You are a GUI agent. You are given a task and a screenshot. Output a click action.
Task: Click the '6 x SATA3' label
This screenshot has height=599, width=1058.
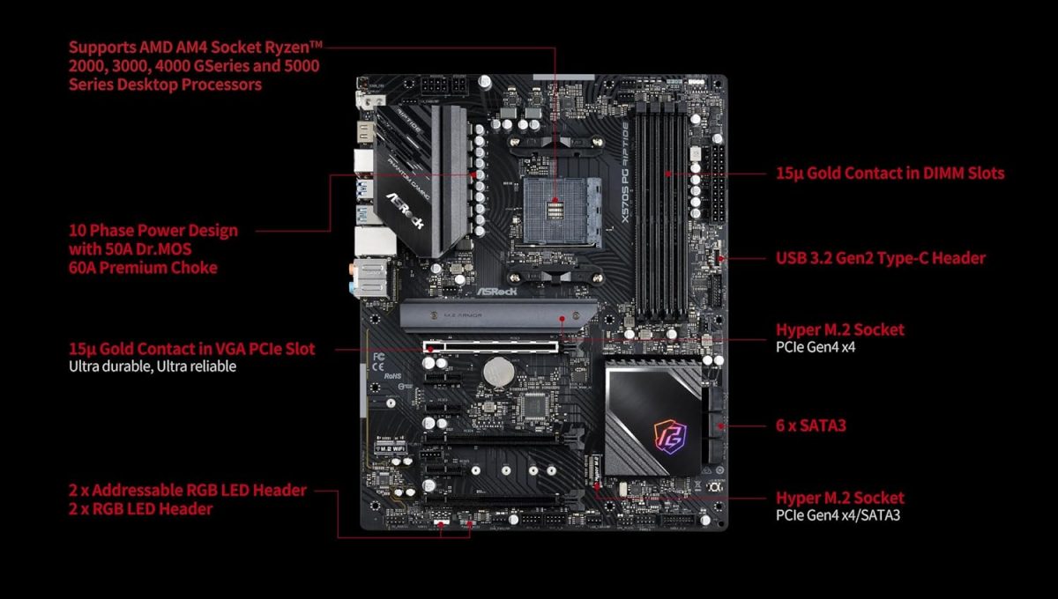810,425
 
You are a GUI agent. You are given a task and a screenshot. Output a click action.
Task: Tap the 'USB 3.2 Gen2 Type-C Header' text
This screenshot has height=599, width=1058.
881,258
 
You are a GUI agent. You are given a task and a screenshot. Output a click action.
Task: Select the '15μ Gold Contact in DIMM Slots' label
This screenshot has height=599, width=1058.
890,174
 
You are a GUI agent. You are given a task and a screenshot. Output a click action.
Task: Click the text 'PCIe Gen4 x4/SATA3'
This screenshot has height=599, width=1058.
838,515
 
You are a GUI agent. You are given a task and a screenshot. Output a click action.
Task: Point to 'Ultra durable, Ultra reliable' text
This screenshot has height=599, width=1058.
152,366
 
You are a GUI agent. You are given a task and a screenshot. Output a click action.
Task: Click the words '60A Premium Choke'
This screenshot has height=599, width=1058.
143,268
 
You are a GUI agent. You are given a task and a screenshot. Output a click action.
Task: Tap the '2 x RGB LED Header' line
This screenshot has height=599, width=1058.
140,509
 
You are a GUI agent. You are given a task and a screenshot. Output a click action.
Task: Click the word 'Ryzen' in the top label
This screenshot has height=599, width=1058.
294,48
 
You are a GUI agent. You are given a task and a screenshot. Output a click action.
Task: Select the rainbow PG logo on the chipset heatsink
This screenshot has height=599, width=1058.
670,437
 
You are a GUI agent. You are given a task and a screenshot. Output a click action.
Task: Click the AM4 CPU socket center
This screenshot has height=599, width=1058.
555,211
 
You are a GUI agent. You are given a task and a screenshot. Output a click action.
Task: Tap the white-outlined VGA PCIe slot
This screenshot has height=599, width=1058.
491,347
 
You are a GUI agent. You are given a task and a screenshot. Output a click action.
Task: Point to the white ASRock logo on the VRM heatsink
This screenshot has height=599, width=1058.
405,211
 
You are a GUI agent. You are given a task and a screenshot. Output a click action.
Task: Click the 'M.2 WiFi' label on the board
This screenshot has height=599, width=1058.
391,448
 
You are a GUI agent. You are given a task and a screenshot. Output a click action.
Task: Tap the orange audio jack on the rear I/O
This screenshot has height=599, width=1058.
353,269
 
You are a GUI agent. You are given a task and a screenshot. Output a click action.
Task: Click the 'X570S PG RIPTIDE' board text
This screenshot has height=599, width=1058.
625,173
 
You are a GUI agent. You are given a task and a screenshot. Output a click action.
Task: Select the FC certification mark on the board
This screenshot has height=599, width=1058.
379,357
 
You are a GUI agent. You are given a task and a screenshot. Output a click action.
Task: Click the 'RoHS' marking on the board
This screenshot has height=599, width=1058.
392,376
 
